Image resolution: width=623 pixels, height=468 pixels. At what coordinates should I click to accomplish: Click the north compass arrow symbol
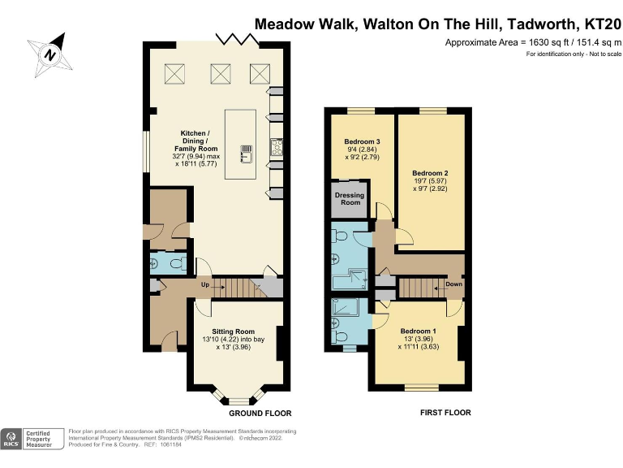pyautogui.click(x=49, y=54)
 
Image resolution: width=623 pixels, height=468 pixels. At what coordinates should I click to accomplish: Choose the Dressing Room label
pyautogui.click(x=350, y=198)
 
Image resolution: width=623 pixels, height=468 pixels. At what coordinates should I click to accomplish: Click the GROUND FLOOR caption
pyautogui.click(x=260, y=413)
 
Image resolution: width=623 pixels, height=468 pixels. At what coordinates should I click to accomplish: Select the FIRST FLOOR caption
pyautogui.click(x=445, y=413)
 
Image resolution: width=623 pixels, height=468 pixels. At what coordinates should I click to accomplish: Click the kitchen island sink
pyautogui.click(x=246, y=149)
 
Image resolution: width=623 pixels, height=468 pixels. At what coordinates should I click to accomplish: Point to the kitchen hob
pyautogui.click(x=277, y=148)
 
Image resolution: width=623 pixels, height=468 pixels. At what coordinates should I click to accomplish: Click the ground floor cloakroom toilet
pyautogui.click(x=178, y=263)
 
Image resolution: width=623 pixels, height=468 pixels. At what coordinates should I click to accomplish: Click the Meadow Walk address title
pyautogui.click(x=437, y=24)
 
